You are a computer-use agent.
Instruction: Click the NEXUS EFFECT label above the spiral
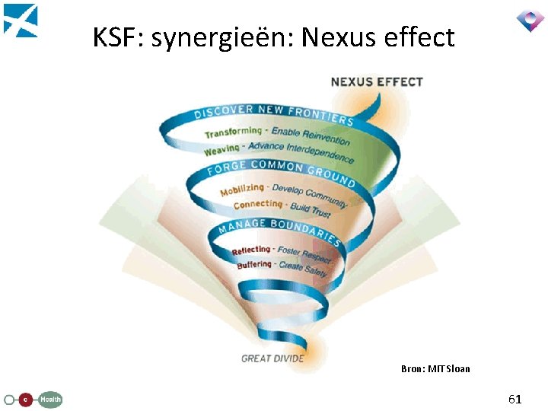[x=377, y=81]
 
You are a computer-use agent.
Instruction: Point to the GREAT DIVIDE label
[x=272, y=358]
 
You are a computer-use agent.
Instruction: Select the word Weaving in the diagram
[x=221, y=149]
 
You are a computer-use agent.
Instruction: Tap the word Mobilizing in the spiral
[x=242, y=190]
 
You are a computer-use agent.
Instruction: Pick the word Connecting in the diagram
[x=257, y=205]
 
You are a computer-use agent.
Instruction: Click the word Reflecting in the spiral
[x=250, y=250]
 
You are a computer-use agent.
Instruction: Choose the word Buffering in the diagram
[x=253, y=265]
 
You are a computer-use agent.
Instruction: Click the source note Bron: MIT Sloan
[x=435, y=369]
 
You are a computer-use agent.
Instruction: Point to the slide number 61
[x=515, y=399]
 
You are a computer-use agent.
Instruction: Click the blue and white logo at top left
[x=21, y=21]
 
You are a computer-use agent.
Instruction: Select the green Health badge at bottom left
[x=51, y=399]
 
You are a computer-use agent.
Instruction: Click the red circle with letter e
[x=26, y=399]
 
